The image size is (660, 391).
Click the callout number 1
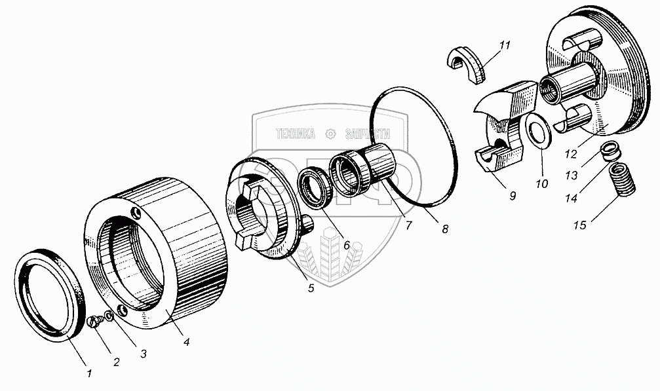click(x=90, y=373)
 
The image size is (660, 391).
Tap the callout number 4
click(x=187, y=341)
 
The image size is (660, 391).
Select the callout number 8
click(x=445, y=229)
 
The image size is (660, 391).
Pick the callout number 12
click(x=571, y=155)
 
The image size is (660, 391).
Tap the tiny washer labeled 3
click(x=109, y=316)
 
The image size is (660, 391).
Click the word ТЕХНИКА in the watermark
click(x=296, y=134)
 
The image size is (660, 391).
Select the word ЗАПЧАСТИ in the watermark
click(x=372, y=133)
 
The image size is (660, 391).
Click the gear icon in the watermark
click(x=332, y=134)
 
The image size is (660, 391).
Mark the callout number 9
click(x=512, y=195)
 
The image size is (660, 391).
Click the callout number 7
click(x=408, y=225)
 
